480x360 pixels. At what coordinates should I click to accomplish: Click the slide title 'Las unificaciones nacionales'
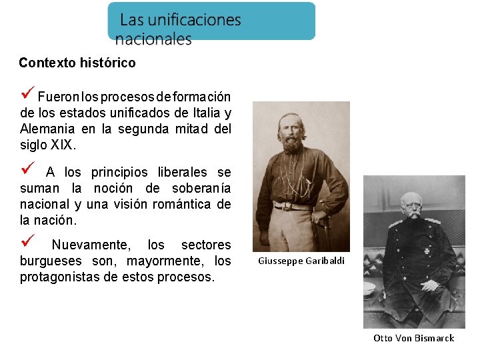pyautogui.click(x=180, y=29)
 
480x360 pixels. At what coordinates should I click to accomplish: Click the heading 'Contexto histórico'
pyautogui.click(x=77, y=63)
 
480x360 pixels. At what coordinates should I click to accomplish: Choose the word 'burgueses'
pyautogui.click(x=49, y=261)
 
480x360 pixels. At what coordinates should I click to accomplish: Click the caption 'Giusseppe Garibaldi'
pyautogui.click(x=301, y=261)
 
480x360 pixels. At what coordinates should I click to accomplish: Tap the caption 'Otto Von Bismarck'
pyautogui.click(x=413, y=338)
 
